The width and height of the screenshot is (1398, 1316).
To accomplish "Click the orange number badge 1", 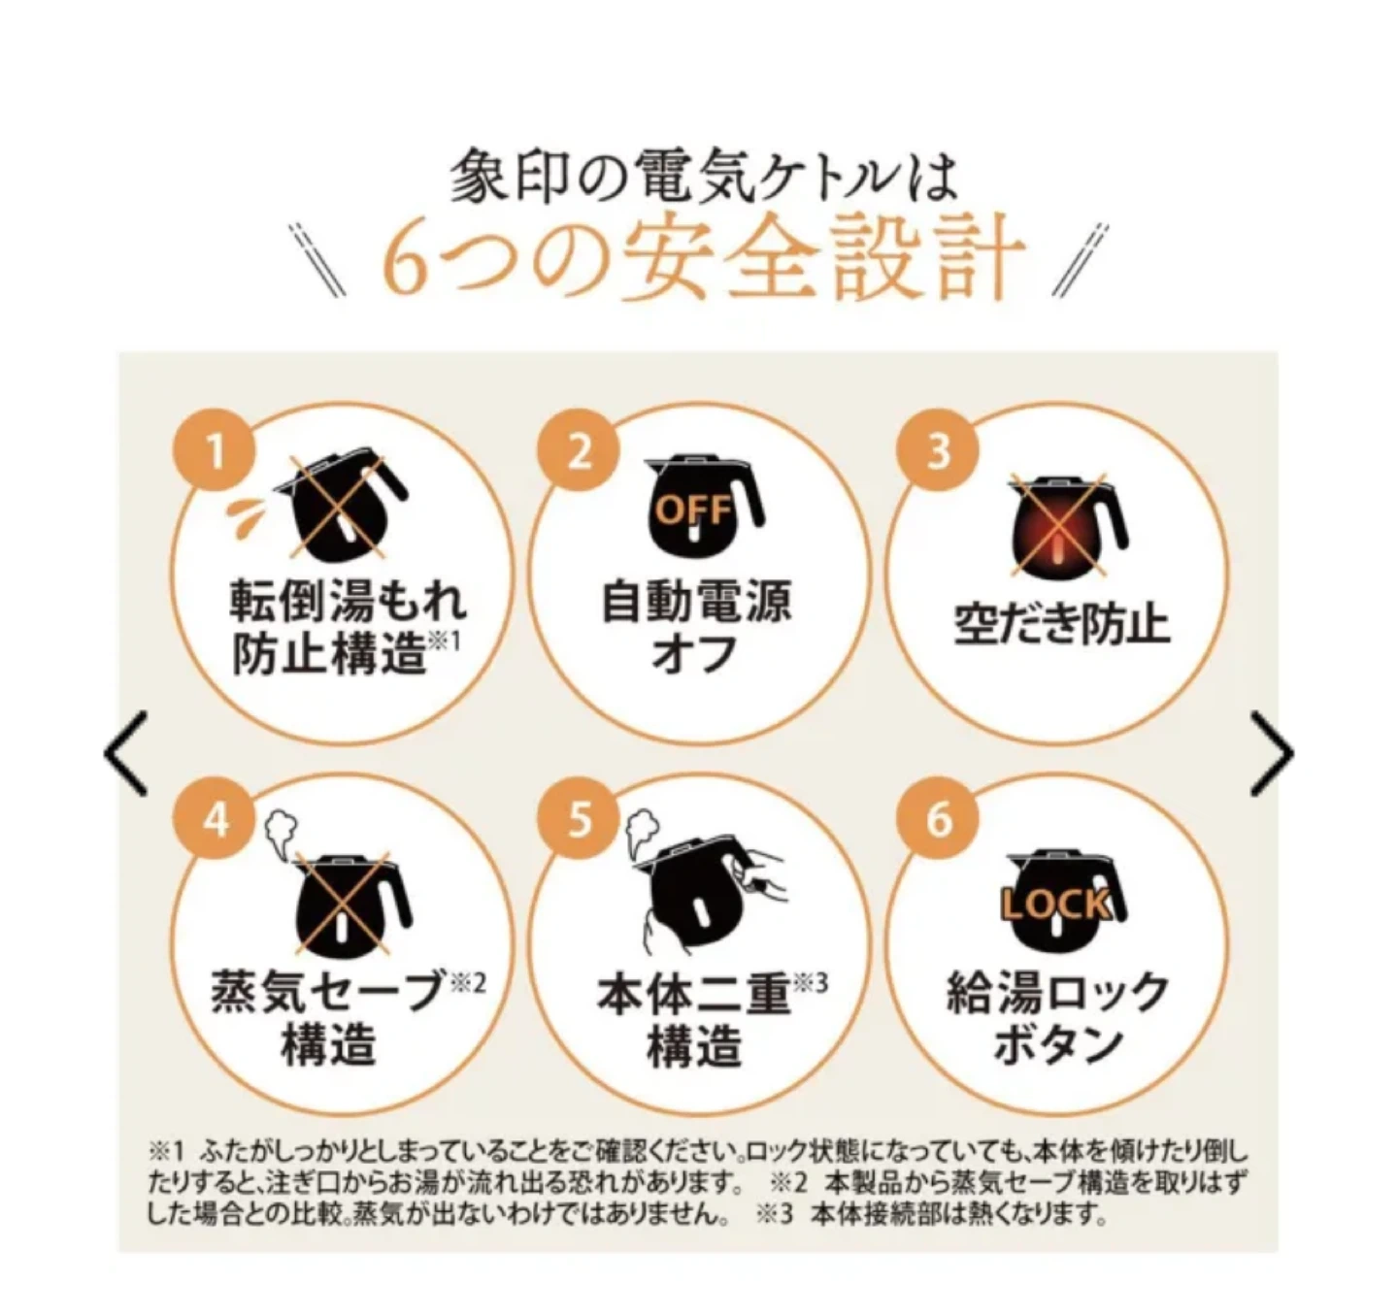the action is tap(214, 450).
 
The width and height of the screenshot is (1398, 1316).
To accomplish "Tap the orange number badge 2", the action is tap(578, 451).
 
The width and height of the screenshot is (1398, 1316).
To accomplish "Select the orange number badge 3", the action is tap(939, 451).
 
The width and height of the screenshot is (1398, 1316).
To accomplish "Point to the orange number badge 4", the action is tap(214, 820).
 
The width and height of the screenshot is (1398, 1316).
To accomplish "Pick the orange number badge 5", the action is tap(578, 820).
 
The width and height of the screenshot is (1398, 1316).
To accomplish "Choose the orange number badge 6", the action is tap(939, 820).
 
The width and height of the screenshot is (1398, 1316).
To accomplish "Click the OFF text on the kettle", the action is tap(694, 510).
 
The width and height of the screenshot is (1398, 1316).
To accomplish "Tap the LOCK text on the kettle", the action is tap(1056, 905).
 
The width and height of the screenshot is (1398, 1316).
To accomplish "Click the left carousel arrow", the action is tap(126, 753).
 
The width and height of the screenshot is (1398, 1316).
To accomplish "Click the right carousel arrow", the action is tap(1272, 753).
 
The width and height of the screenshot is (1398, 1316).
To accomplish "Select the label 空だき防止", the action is tap(1061, 625).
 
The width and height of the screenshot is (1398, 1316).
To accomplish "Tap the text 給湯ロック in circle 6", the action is tap(1057, 992).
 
